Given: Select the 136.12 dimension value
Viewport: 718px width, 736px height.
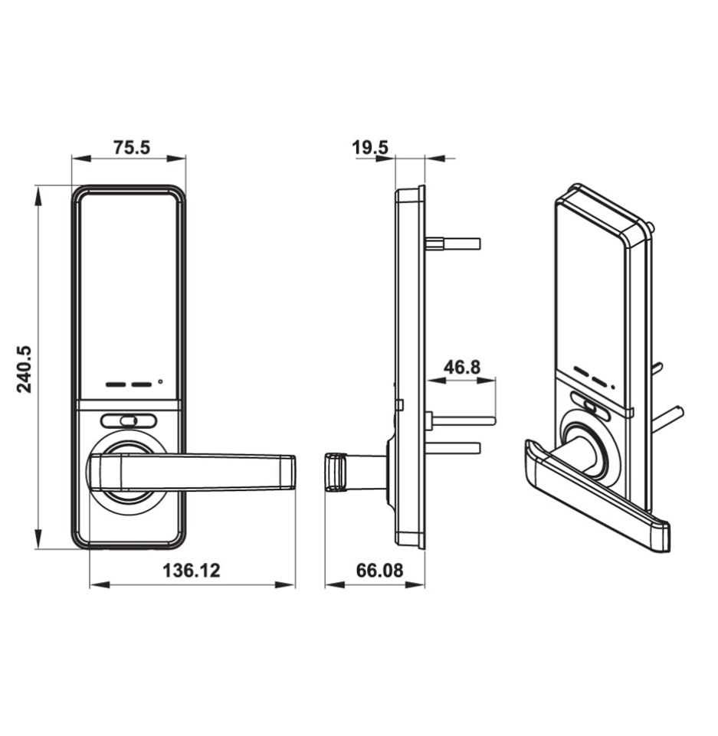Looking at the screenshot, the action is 191,571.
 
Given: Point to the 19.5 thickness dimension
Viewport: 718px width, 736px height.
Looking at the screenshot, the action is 371,147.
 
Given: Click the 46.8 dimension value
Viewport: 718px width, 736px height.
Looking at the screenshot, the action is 462,367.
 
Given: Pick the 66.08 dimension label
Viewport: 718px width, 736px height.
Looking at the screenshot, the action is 379,571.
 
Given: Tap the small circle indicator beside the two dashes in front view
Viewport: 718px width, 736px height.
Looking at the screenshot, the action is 160,381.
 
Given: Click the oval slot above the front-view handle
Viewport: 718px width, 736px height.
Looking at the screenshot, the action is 129,420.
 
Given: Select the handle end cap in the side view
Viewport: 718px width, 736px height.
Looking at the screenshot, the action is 334,470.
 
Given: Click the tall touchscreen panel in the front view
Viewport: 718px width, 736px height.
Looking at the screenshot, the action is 129,283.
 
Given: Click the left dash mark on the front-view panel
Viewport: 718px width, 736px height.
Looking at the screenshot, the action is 117,383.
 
